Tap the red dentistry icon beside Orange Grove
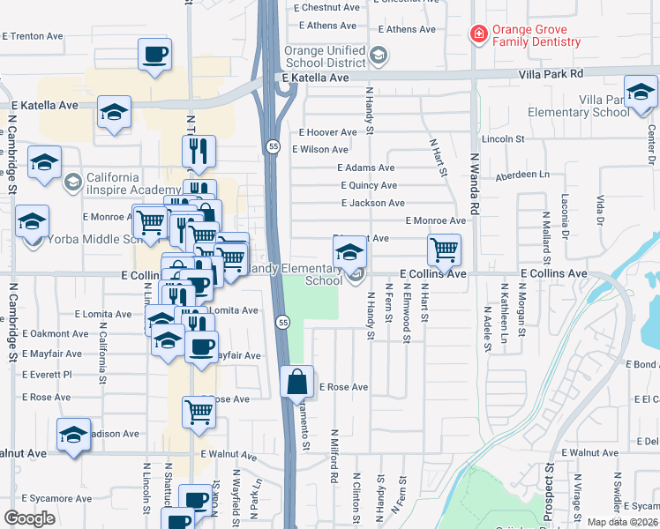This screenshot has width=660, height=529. point(478,34)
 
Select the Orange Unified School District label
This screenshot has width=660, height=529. point(324,56)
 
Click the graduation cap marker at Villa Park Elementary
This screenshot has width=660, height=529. point(641,92)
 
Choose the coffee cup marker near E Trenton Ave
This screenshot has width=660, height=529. point(154,55)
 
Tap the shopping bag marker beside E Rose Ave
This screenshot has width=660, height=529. point(296,383)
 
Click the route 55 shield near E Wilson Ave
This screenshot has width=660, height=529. point(274,146)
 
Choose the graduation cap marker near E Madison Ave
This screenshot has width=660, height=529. point(74,435)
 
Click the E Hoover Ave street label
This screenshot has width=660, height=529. point(327,132)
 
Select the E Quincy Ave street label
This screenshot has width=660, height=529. point(369,185)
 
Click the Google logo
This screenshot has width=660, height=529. point(29,518)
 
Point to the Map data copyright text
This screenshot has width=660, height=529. point(623,522)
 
